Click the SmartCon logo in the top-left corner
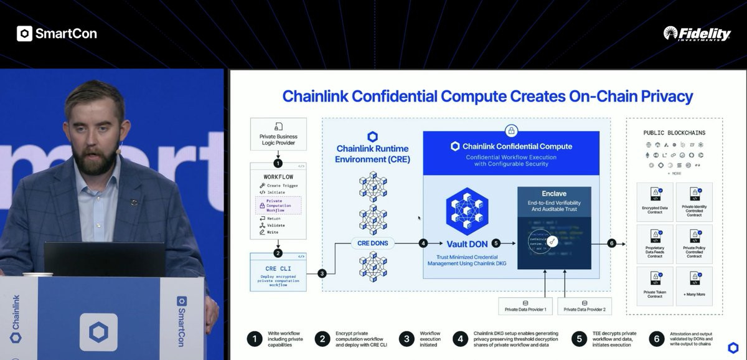point(57,34)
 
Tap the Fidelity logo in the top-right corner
point(697,34)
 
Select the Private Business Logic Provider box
point(278,135)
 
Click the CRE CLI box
point(278,272)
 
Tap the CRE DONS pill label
point(372,242)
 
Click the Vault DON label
point(467,244)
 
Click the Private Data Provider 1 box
point(526,306)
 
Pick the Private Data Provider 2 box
point(584,306)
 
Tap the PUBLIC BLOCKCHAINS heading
point(674,133)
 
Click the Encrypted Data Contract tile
point(654,202)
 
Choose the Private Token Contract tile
point(654,287)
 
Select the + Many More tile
point(694,287)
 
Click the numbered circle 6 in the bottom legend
point(656,339)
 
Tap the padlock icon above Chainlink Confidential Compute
point(510,131)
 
